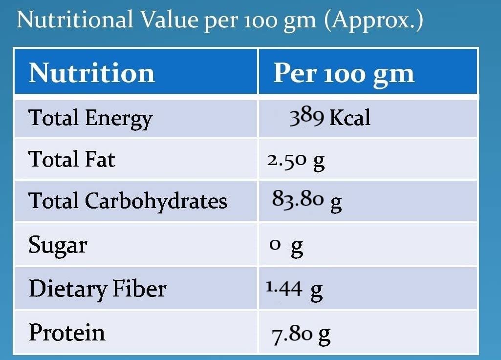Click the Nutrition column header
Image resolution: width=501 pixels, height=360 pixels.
[92, 73]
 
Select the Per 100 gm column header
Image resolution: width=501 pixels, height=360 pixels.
[344, 73]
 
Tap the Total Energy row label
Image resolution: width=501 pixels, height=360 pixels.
[90, 118]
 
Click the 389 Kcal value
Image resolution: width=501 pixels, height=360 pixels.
[330, 118]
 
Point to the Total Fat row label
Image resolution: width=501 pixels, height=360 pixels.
[72, 159]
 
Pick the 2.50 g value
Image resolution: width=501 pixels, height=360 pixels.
[296, 161]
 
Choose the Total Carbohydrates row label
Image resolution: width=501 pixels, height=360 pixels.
[128, 201]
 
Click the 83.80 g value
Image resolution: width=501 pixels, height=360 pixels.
[306, 201]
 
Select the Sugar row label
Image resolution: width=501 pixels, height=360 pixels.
[58, 245]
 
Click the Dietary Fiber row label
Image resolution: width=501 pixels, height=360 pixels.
[97, 289]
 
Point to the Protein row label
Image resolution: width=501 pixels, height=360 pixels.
[67, 333]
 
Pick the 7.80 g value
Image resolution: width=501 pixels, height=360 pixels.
[301, 335]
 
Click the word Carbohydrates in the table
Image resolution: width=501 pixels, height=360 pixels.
[156, 201]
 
